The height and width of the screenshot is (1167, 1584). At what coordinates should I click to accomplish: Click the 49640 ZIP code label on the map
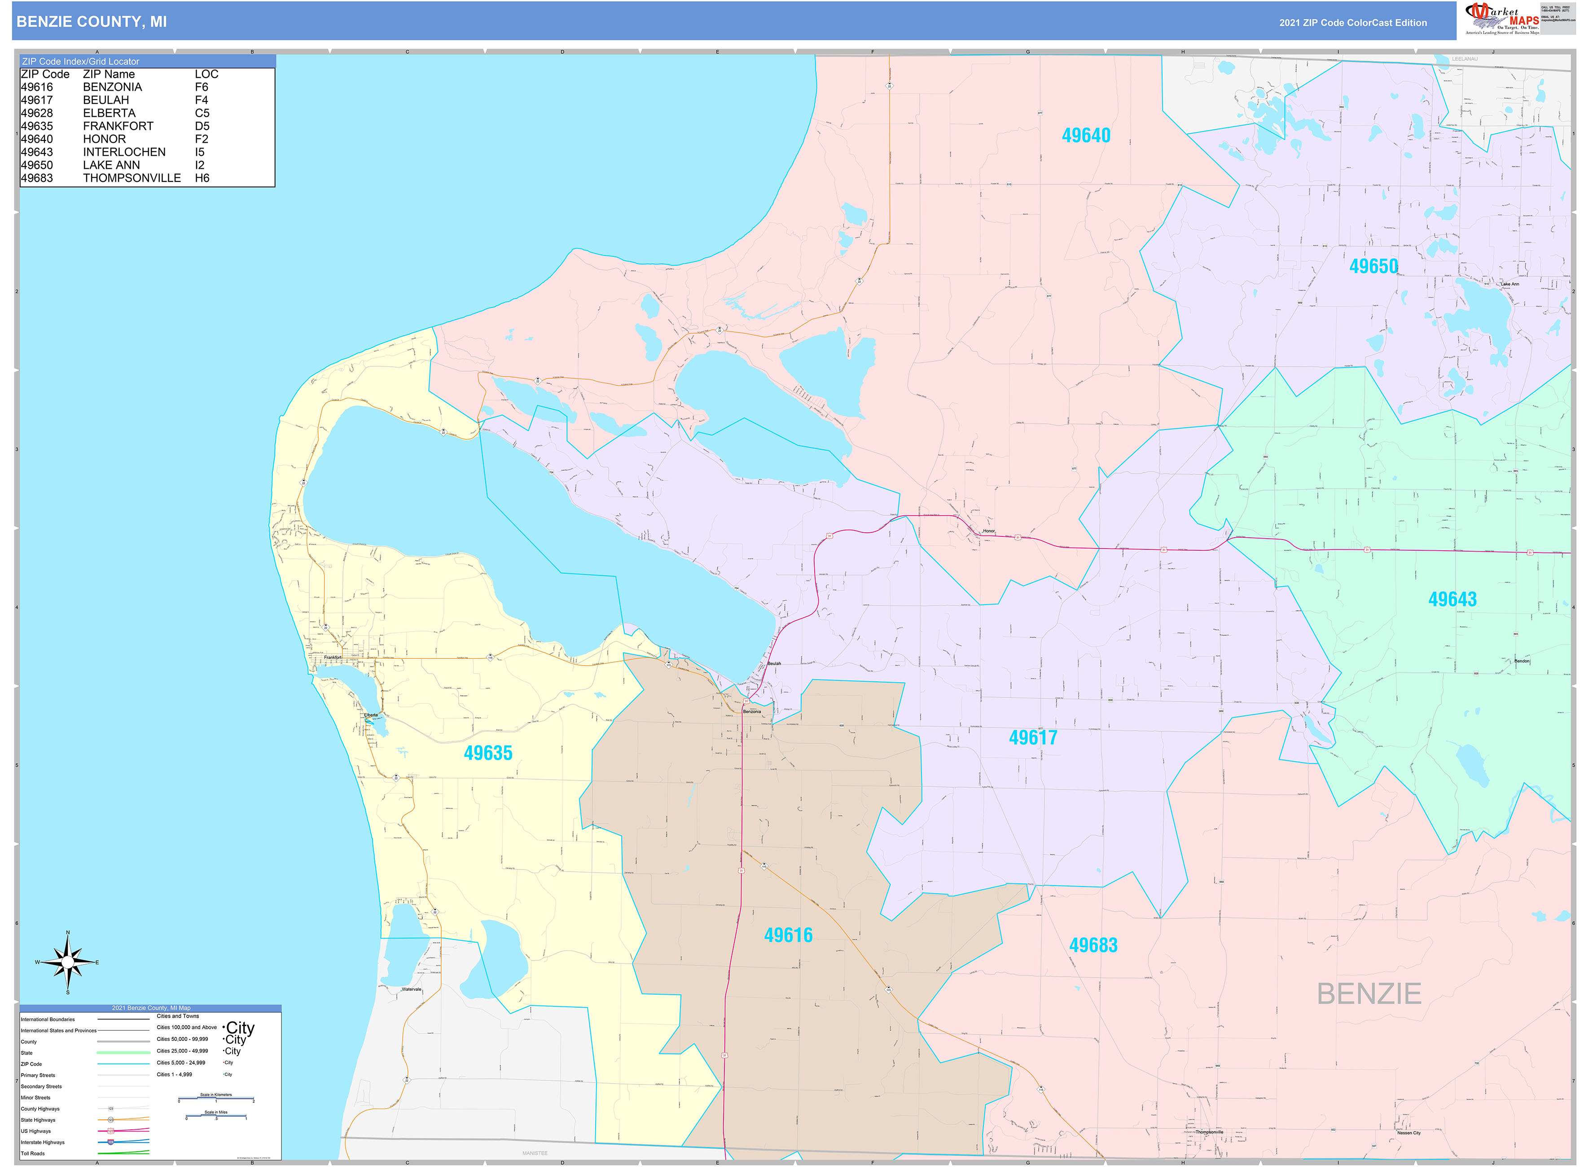pyautogui.click(x=1085, y=136)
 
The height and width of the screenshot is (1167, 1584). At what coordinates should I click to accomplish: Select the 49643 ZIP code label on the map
pyautogui.click(x=1452, y=599)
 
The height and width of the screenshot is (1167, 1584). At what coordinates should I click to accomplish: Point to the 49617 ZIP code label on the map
pyautogui.click(x=1032, y=737)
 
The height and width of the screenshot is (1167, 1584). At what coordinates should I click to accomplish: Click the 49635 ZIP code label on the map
pyautogui.click(x=487, y=753)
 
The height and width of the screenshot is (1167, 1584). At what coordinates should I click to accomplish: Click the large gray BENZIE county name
pyautogui.click(x=1369, y=994)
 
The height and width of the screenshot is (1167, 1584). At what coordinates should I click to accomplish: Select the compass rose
pyautogui.click(x=68, y=962)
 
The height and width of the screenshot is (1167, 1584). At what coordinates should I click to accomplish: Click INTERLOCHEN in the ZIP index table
pyautogui.click(x=124, y=152)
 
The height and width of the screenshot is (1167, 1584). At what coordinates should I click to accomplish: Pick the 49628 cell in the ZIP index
pyautogui.click(x=37, y=113)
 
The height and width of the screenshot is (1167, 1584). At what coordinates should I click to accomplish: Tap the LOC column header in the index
pyautogui.click(x=206, y=74)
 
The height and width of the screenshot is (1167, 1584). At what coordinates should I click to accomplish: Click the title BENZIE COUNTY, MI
pyautogui.click(x=92, y=22)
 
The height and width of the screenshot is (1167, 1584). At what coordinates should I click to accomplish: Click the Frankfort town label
pyautogui.click(x=333, y=657)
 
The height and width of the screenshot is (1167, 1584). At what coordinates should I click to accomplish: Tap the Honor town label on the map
pyautogui.click(x=988, y=531)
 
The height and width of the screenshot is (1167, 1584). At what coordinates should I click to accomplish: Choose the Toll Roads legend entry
pyautogui.click(x=32, y=1154)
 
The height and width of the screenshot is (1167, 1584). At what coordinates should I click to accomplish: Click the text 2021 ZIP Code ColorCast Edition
pyautogui.click(x=1352, y=22)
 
